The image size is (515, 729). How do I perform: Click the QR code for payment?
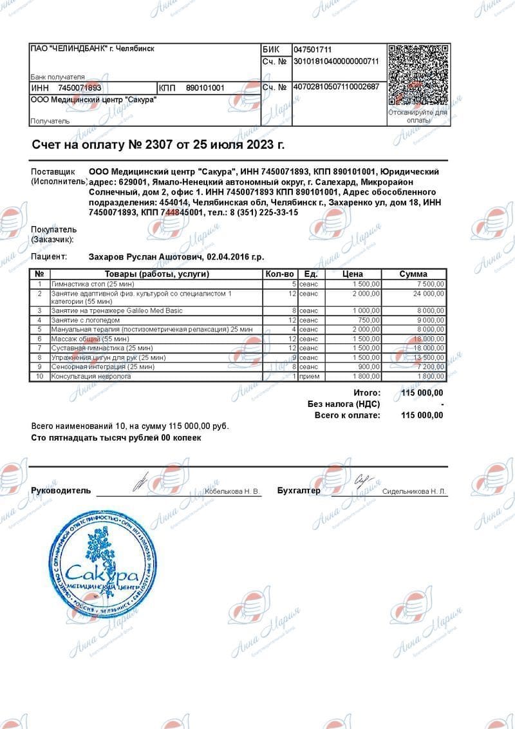pos(418,75)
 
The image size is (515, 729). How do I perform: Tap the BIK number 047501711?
pos(313,50)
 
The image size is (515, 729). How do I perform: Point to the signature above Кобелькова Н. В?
pos(140,481)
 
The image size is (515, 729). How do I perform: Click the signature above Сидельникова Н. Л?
pos(363,480)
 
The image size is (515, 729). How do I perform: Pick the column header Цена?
pos(353,274)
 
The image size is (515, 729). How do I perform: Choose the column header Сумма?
pos(413,274)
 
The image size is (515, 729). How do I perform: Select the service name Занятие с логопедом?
pos(86,320)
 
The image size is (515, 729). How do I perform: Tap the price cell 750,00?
pos(368,320)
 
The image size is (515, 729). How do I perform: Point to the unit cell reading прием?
pos(308,376)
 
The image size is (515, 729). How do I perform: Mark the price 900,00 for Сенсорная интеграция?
pos(368,366)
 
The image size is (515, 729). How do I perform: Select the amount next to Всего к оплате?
pos(422,415)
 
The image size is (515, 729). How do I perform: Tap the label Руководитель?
pos(61,491)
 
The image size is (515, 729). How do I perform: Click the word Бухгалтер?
pos(299,491)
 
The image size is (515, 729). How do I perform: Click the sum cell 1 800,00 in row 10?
pos(428,376)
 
